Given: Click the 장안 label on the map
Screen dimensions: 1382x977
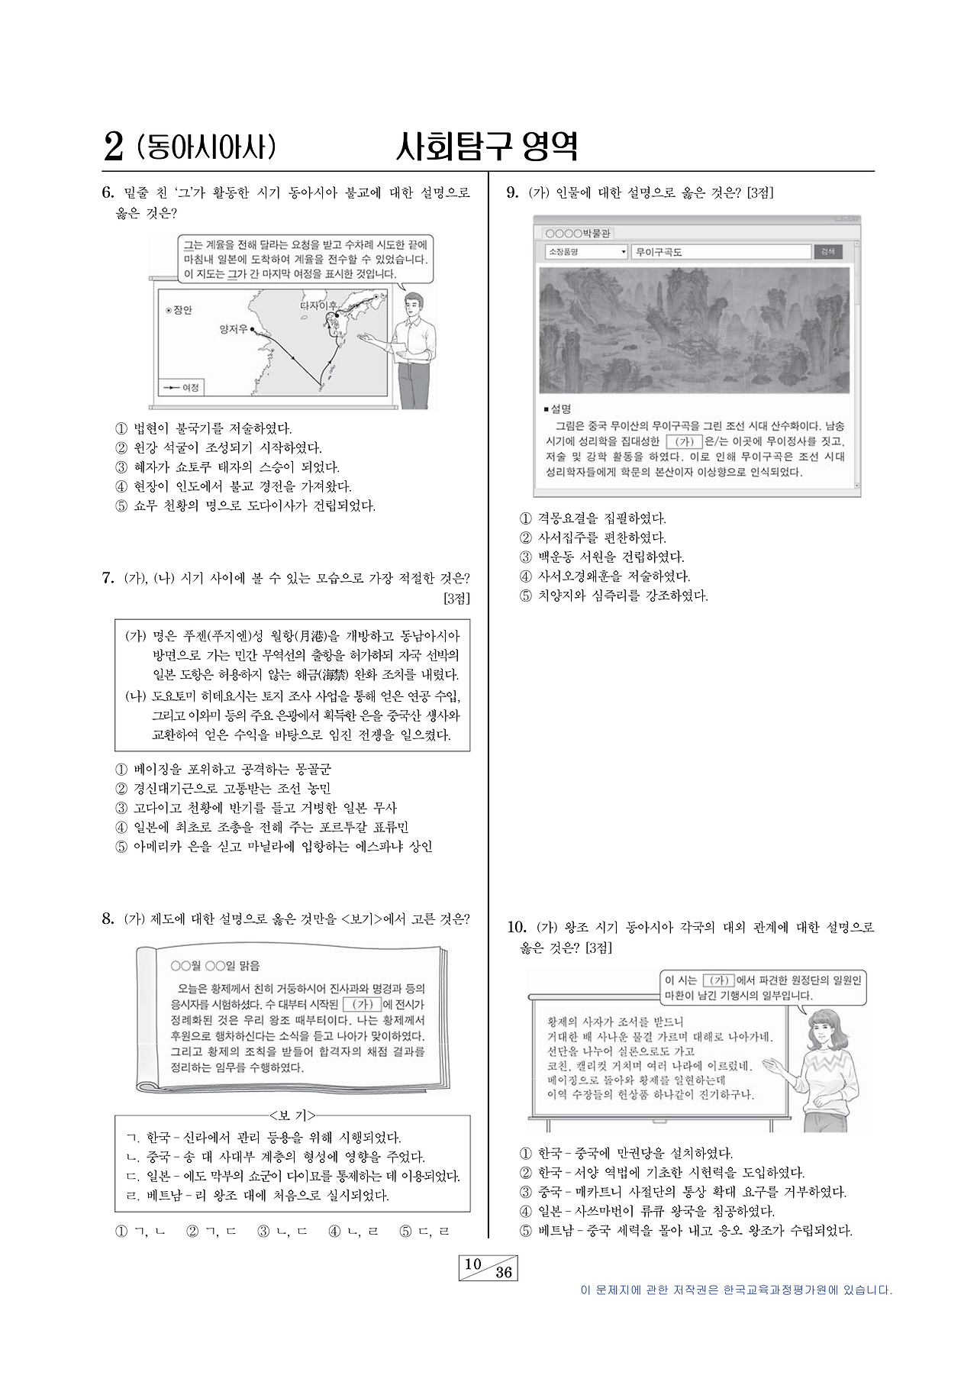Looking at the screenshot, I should coord(179,310).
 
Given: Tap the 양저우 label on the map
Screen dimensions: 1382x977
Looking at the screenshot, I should coord(233,329).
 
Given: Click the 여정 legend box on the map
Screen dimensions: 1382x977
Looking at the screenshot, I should coord(181,388).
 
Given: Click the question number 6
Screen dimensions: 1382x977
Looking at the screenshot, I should coord(108,192).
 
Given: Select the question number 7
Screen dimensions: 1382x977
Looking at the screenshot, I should coord(108,577).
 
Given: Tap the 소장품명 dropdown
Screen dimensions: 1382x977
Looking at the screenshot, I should coord(586,252).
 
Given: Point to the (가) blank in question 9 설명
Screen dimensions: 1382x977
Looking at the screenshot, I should coord(683,441).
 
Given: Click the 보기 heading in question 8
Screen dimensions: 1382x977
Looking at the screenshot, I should coord(292,1115).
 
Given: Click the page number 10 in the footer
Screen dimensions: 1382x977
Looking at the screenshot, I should coord(473,1264).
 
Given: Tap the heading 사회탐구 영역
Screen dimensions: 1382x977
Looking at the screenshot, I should coord(486,147).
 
